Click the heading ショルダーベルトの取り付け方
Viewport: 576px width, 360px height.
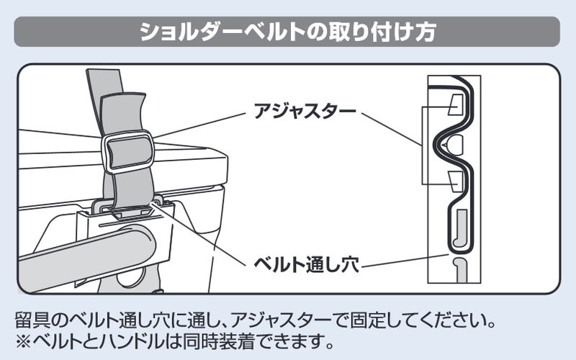click(287, 32)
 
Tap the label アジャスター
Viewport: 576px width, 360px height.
click(305, 111)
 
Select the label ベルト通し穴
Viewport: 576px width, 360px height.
click(307, 264)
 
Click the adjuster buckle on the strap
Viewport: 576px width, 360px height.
click(128, 152)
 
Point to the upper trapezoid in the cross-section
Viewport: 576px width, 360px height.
click(456, 104)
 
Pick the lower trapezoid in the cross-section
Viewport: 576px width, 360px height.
click(456, 181)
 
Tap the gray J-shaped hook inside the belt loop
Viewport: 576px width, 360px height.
click(460, 228)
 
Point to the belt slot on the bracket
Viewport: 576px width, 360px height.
click(130, 210)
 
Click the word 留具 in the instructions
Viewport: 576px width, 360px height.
click(32, 320)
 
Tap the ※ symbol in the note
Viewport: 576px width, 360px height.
click(23, 341)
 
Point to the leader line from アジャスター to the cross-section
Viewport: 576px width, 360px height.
click(392, 130)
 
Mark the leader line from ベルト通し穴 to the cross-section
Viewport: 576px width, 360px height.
click(405, 260)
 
